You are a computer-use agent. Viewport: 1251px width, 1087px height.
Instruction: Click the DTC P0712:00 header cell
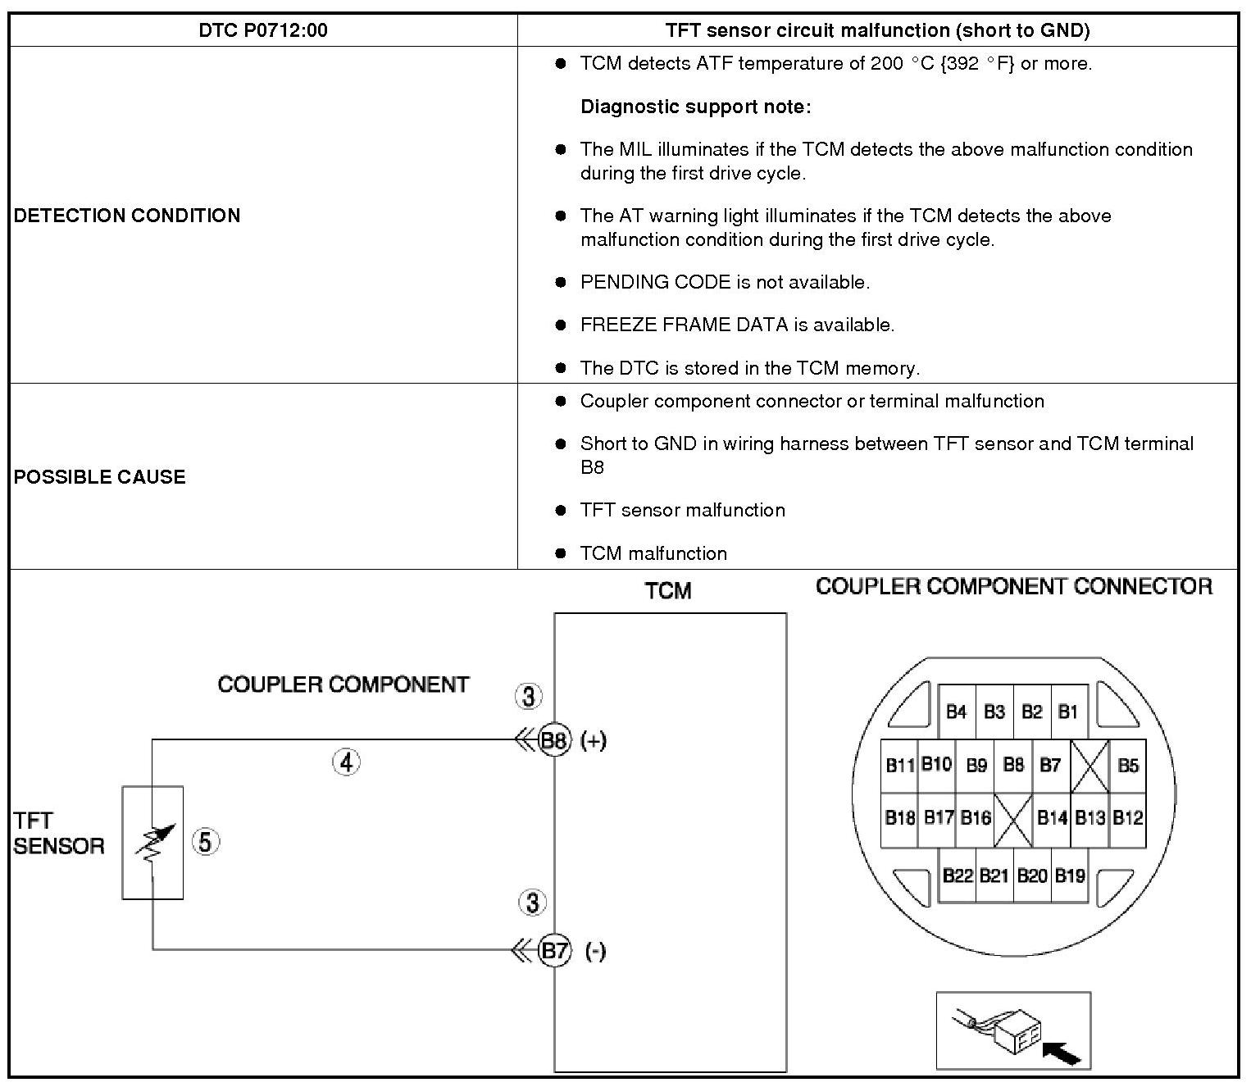pos(263,31)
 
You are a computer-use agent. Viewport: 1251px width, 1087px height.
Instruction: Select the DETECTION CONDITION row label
pos(127,216)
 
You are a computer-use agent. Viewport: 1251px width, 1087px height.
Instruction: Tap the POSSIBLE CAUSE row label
pos(99,477)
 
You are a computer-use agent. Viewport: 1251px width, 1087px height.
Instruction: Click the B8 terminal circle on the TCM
pos(554,741)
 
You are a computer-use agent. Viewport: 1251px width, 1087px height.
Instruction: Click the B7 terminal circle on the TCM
pos(555,951)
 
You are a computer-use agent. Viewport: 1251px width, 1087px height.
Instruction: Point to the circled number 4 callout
pos(347,762)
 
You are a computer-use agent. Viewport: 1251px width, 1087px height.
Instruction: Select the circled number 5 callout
pos(206,842)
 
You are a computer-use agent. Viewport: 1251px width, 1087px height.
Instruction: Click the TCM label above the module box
pos(668,591)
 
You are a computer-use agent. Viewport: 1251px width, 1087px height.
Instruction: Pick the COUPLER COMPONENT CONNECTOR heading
pos(1014,587)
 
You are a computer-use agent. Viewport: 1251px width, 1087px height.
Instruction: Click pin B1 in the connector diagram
pos(1068,712)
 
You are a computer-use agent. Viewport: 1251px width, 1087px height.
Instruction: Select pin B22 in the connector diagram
pos(957,876)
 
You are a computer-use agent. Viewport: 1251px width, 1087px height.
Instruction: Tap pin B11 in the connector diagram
pos(899,766)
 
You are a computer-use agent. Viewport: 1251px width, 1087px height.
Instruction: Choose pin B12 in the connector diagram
pos(1128,817)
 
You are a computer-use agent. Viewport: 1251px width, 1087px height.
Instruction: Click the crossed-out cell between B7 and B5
pos(1090,766)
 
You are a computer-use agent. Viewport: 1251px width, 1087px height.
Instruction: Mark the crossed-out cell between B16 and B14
pos(1013,818)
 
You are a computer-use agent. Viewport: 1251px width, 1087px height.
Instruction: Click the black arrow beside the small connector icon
pos(1062,1053)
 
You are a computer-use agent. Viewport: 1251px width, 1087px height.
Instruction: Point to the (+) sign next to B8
pos(593,741)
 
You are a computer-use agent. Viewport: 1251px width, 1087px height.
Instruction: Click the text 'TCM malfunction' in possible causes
pos(653,553)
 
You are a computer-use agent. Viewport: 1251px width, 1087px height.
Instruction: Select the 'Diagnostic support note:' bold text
pos(695,107)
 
